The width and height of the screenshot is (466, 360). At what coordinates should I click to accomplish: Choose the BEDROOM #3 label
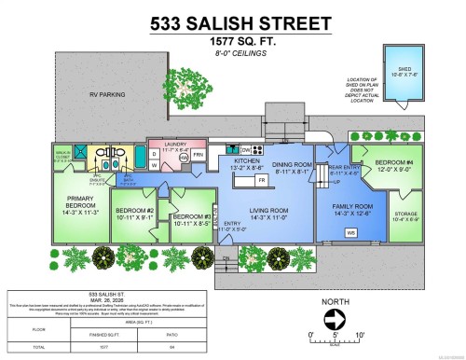190,218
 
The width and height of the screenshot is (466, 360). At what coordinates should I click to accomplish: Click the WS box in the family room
350,232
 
